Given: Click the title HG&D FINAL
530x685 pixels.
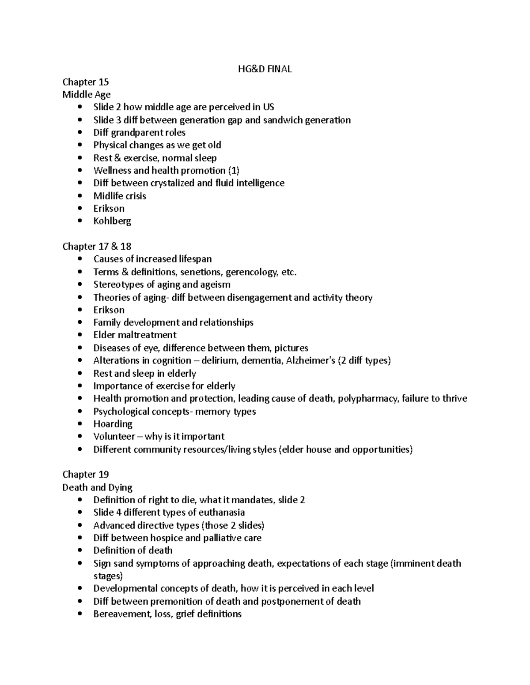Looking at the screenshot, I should click(x=265, y=69).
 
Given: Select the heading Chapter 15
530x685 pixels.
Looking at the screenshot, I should click(x=85, y=82).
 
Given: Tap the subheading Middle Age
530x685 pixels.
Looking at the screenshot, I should click(x=86, y=94).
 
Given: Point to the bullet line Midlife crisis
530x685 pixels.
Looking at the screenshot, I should click(x=119, y=196).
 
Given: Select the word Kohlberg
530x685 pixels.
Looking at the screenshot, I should click(x=112, y=221).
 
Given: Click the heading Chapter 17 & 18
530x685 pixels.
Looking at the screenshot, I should click(x=97, y=246).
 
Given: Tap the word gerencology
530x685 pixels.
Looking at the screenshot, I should click(x=251, y=272).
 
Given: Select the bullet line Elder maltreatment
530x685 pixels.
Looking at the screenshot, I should click(x=135, y=335).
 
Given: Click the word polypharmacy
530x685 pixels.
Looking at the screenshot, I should click(x=368, y=399).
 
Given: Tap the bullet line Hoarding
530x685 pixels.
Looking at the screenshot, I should click(x=113, y=424).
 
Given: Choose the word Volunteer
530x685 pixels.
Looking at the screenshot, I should click(x=114, y=437).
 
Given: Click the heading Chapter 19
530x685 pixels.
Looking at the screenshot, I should click(x=85, y=474).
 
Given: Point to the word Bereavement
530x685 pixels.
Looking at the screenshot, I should click(x=120, y=614).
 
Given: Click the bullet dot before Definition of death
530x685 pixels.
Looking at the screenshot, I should click(x=79, y=550).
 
